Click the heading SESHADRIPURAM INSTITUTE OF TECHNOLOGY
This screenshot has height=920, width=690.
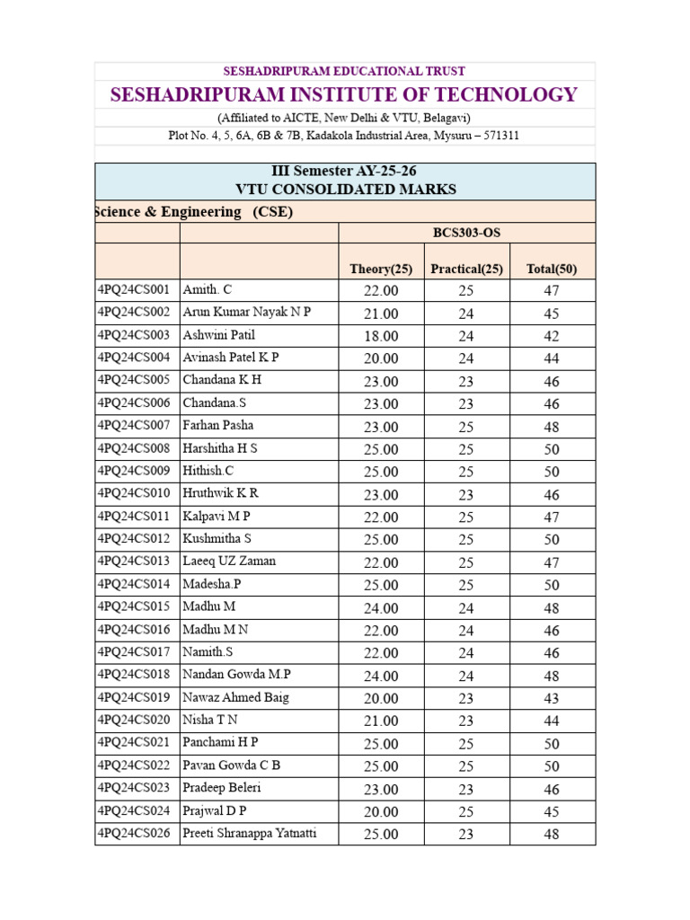tap(344, 95)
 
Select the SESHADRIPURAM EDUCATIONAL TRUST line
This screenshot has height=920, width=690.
tap(344, 71)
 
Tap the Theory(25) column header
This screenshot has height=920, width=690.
tap(381, 268)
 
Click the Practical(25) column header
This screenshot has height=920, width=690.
tap(467, 268)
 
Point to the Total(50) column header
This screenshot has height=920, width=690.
tap(552, 268)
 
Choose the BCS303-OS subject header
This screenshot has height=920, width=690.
tap(466, 233)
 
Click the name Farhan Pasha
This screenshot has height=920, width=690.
tap(218, 425)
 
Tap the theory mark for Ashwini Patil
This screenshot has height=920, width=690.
tap(381, 336)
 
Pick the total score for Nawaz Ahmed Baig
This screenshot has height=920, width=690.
tap(552, 698)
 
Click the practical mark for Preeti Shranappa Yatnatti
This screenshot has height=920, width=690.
tap(466, 834)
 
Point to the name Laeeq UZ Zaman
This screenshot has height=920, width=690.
tap(229, 562)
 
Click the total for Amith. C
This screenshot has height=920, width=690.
tap(552, 290)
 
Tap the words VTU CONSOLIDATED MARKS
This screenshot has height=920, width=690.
tap(344, 190)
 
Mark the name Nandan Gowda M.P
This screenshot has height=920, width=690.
tap(237, 675)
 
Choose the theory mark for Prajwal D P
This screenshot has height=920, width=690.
tap(381, 811)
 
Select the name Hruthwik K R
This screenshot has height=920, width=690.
tap(221, 493)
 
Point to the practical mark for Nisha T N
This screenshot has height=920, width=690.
tap(466, 721)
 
